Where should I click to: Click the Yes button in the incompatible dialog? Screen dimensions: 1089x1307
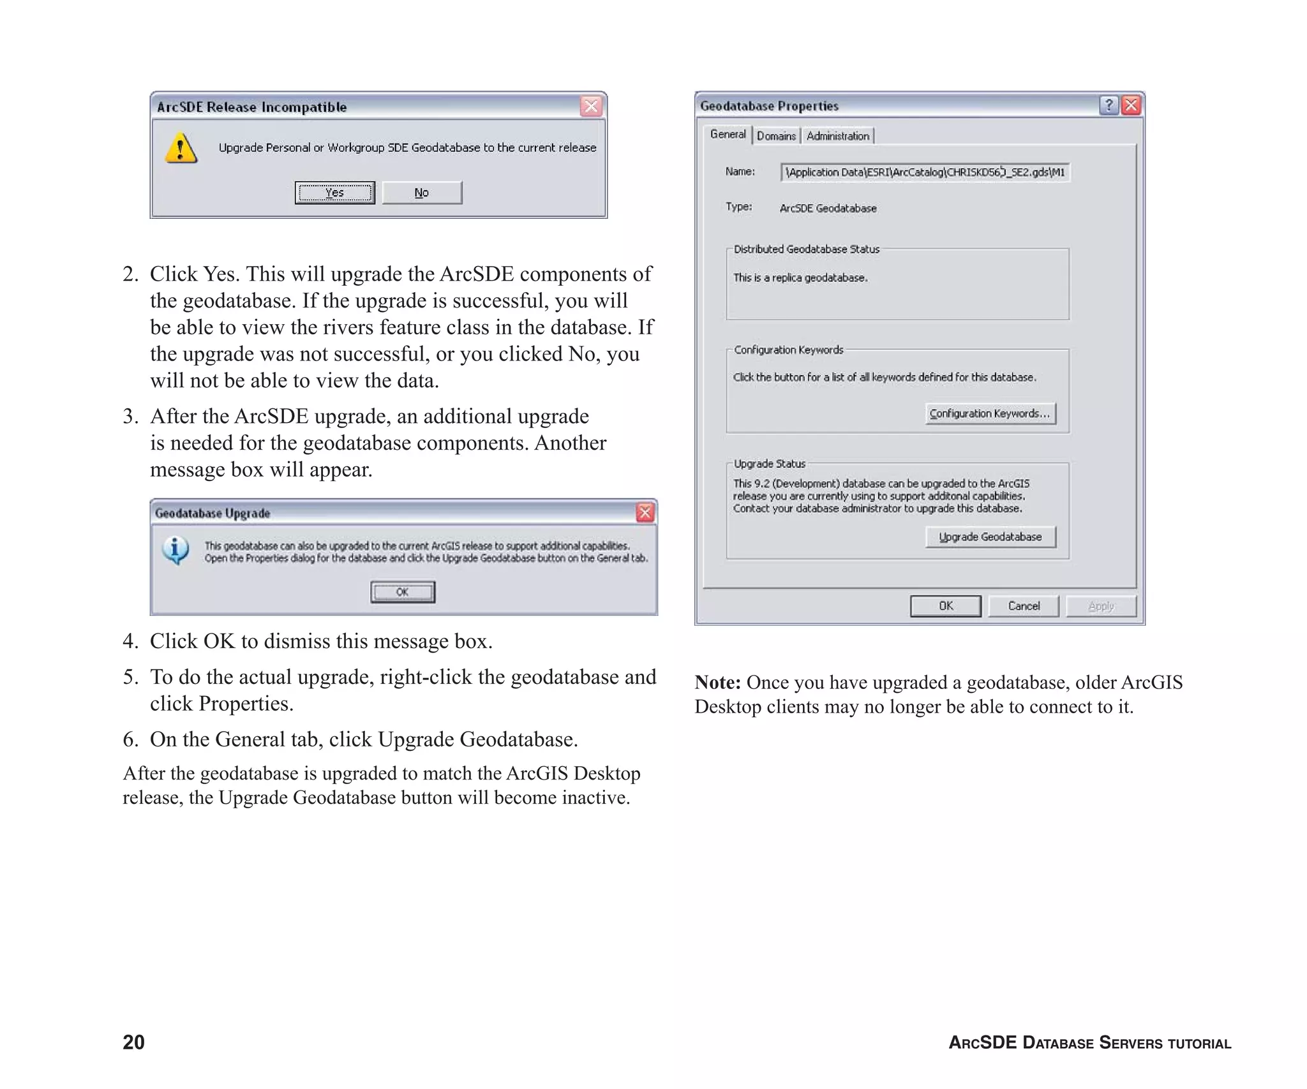point(334,193)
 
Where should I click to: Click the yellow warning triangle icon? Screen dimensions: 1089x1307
point(181,148)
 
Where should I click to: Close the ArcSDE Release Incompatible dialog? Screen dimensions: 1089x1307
point(592,106)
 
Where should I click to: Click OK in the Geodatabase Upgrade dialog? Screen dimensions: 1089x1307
point(403,592)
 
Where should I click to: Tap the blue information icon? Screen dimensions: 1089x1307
point(176,550)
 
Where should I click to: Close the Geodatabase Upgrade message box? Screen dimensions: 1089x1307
point(645,512)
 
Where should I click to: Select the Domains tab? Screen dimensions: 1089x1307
point(776,136)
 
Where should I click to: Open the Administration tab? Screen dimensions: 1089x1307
point(838,136)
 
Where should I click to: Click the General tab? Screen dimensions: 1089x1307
point(728,135)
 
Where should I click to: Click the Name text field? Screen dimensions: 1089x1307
point(925,172)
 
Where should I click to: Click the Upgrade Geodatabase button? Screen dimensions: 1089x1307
point(990,537)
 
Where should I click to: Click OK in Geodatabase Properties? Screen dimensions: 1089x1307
point(945,606)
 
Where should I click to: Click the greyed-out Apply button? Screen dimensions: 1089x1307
point(1101,606)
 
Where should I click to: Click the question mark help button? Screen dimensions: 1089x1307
point(1109,105)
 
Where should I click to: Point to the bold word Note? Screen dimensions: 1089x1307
point(717,683)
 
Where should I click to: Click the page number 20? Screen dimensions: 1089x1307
point(133,1042)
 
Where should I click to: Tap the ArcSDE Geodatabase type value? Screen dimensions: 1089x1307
point(828,209)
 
